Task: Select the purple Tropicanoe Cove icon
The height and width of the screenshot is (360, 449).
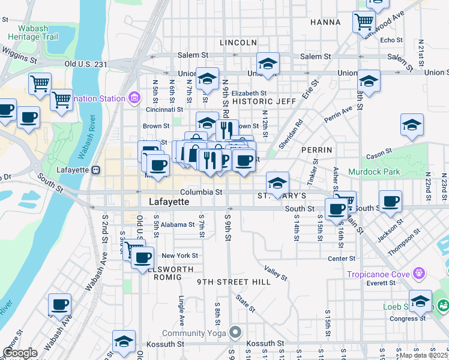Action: pyautogui.click(x=419, y=274)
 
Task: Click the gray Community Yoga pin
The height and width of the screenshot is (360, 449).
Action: pyautogui.click(x=235, y=332)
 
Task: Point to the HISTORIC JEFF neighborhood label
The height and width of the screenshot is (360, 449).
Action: pyautogui.click(x=265, y=101)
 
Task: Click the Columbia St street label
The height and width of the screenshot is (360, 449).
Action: pyautogui.click(x=202, y=192)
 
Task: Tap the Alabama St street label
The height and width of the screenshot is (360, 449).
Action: pyautogui.click(x=176, y=225)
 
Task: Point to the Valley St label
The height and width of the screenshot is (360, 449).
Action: pyautogui.click(x=276, y=272)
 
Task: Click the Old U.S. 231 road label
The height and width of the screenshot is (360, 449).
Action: pyautogui.click(x=86, y=64)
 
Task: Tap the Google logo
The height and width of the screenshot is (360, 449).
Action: pyautogui.click(x=20, y=353)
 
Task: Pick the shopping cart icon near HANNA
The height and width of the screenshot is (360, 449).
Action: pyautogui.click(x=364, y=22)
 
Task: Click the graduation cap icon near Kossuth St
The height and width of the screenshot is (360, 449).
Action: pyautogui.click(x=124, y=341)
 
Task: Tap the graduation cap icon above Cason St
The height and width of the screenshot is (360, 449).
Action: pyautogui.click(x=412, y=125)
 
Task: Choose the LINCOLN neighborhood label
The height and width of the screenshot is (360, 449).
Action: pyautogui.click(x=238, y=43)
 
